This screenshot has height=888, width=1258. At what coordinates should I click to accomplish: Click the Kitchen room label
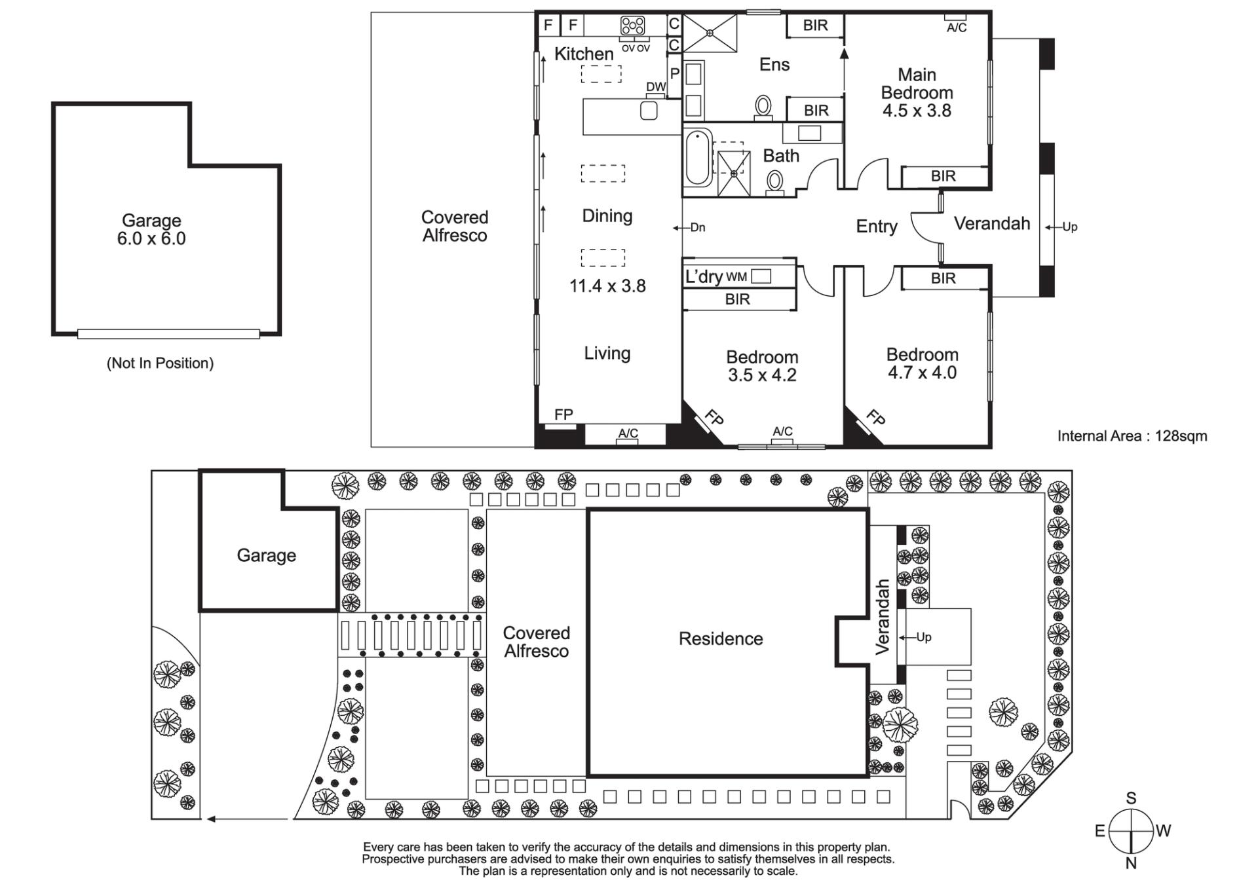tap(584, 54)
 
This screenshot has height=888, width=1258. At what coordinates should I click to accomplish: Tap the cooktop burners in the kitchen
tap(633, 26)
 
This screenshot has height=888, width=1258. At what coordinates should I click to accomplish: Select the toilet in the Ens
tap(763, 107)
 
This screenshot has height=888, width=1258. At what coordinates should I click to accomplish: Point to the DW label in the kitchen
tap(656, 87)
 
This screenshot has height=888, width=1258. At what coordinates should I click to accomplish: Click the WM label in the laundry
tap(736, 277)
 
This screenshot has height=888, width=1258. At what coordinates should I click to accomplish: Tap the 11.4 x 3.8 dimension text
tap(607, 286)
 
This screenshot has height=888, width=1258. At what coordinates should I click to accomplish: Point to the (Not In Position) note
tap(160, 363)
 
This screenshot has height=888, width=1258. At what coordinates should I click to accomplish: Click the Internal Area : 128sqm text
tap(1132, 436)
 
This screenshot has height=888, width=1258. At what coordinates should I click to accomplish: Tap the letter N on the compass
tap(1131, 864)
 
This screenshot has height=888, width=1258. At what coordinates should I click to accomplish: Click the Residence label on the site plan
tap(721, 639)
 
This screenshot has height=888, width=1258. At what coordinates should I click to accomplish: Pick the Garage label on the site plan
tap(266, 556)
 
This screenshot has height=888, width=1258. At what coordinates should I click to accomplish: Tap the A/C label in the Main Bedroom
tap(957, 28)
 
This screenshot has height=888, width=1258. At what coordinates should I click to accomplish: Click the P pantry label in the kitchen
tap(674, 74)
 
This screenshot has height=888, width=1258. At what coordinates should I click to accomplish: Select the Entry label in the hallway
tap(877, 227)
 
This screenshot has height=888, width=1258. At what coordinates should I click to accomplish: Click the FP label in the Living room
tap(563, 415)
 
